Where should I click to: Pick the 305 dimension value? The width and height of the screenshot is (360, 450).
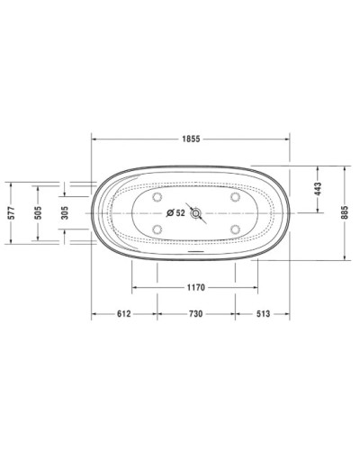(65, 212)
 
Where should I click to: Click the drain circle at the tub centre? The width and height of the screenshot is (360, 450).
(193, 213)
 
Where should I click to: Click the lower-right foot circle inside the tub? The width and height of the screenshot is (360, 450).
(234, 229)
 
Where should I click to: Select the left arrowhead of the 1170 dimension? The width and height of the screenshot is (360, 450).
(135, 289)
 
